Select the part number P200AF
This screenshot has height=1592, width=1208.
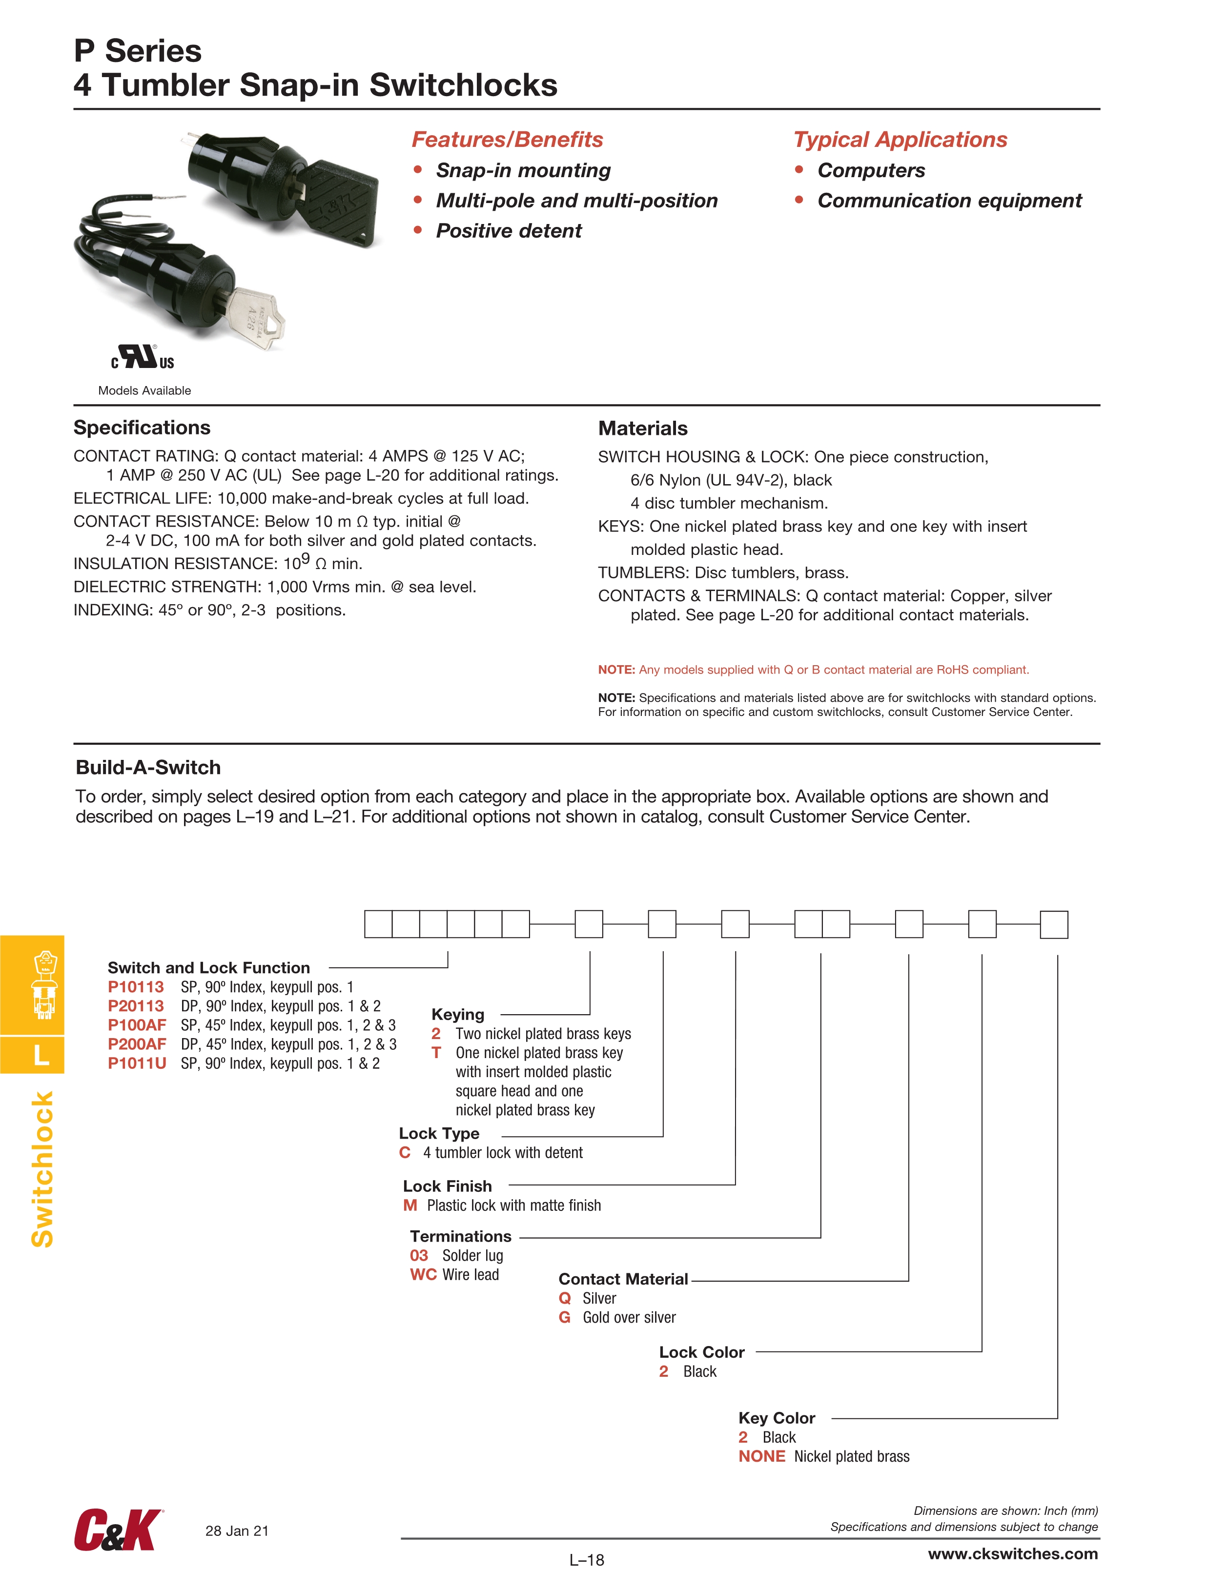coord(137,1044)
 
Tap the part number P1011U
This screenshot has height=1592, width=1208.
coord(137,1064)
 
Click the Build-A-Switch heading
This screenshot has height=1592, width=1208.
coord(148,767)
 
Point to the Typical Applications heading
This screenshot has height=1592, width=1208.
coord(900,140)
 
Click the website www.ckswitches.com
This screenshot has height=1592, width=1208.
coord(1012,1554)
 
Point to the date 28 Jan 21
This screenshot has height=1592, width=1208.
coord(237,1531)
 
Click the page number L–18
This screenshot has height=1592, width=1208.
coord(587,1560)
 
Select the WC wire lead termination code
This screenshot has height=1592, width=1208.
coord(423,1275)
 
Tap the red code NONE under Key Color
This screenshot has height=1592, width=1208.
coord(762,1457)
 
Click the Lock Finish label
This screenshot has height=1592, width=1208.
coord(447,1186)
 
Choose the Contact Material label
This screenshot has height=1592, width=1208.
coord(623,1279)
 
